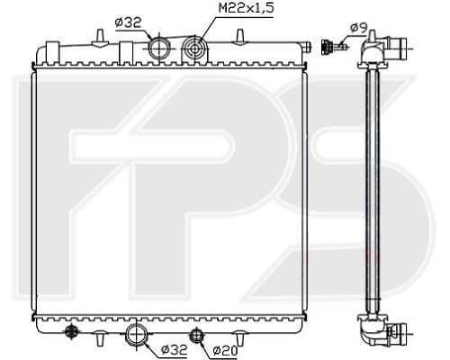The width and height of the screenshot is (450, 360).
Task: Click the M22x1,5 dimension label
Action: pyautogui.click(x=247, y=8)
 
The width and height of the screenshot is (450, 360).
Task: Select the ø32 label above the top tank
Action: pyautogui.click(x=128, y=23)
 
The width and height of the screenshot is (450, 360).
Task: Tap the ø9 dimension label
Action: pyautogui.click(x=359, y=28)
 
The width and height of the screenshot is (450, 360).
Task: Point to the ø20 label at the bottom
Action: pyautogui.click(x=225, y=350)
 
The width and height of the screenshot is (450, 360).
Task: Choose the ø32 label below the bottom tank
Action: pyautogui.click(x=175, y=349)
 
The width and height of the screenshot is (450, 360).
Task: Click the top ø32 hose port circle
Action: pyautogui.click(x=159, y=48)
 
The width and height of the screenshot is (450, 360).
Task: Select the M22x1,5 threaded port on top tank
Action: pyautogui.click(x=194, y=48)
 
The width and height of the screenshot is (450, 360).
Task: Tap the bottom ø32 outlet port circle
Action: pyautogui.click(x=137, y=334)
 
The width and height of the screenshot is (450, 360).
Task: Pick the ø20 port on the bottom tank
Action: pyautogui.click(x=196, y=334)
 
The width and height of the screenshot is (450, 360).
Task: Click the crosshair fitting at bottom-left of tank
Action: pyautogui.click(x=71, y=331)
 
